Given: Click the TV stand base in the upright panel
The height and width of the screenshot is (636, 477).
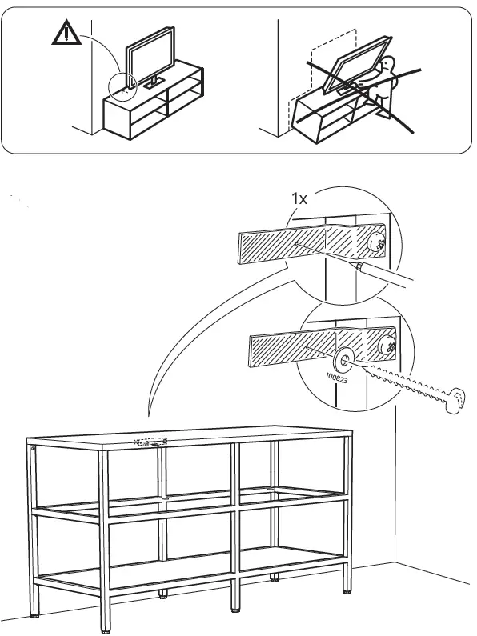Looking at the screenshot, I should click(154, 83).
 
